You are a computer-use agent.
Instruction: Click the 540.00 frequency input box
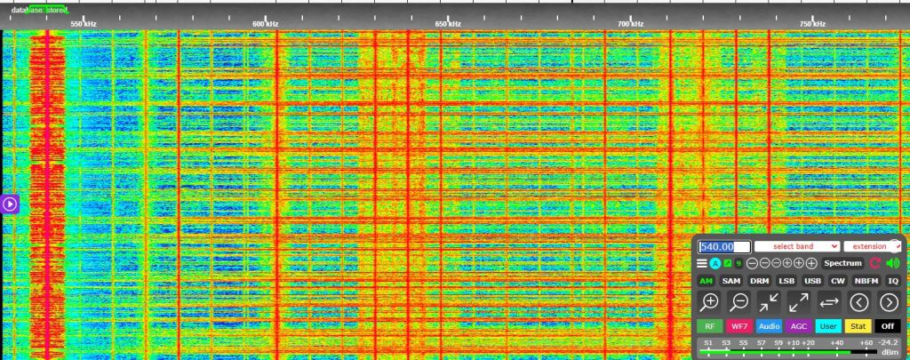[724, 246]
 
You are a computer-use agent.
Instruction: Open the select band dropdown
[796, 246]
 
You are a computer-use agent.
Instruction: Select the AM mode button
[706, 281]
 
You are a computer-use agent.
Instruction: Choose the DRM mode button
[759, 281]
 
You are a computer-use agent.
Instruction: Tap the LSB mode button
[786, 281]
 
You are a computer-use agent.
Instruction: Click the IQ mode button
[893, 281]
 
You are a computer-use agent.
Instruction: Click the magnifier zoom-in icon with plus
[710, 301]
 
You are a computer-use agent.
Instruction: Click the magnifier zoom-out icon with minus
[739, 301]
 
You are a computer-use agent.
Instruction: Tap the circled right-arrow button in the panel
[889, 301]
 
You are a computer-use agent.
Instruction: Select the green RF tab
[709, 326]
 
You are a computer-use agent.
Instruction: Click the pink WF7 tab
[739, 326]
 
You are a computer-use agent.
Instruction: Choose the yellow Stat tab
[858, 326]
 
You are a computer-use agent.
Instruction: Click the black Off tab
[888, 326]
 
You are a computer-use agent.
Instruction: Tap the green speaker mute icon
[892, 263]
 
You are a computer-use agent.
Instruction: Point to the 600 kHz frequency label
[265, 24]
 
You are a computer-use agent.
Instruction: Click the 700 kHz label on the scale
[630, 24]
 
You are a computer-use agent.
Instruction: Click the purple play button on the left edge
[10, 204]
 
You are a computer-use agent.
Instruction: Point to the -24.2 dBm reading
[888, 342]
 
